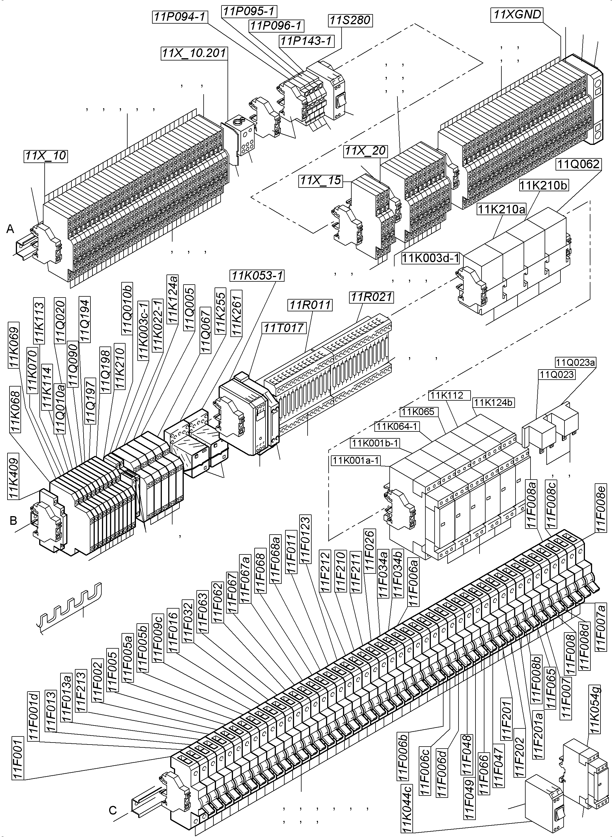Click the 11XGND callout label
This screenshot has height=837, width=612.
coord(518,15)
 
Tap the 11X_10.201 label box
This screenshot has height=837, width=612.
coord(194,53)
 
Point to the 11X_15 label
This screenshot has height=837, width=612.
coord(321,181)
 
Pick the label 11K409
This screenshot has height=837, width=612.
coord(14,475)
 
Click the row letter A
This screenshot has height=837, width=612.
coord(10,229)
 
